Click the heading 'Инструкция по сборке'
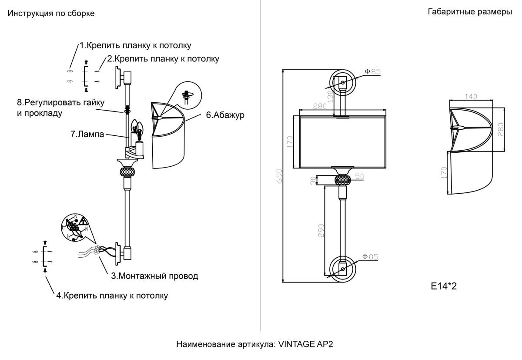pos(51,13)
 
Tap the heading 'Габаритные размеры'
pos(470,12)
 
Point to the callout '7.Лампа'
pos(87,135)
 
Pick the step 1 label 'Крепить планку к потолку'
pos(135,45)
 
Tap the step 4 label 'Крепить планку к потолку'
pos(112,296)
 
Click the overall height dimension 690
pos(279,175)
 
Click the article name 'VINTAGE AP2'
pos(306,344)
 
